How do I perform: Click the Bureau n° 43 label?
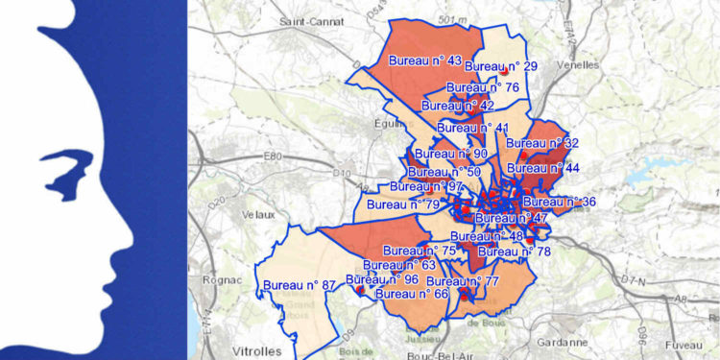(425, 60)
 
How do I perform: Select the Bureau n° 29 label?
(500, 66)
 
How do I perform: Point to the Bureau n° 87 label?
(300, 285)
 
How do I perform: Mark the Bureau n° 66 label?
(413, 294)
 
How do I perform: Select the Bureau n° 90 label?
(451, 154)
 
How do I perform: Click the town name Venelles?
(575, 65)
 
